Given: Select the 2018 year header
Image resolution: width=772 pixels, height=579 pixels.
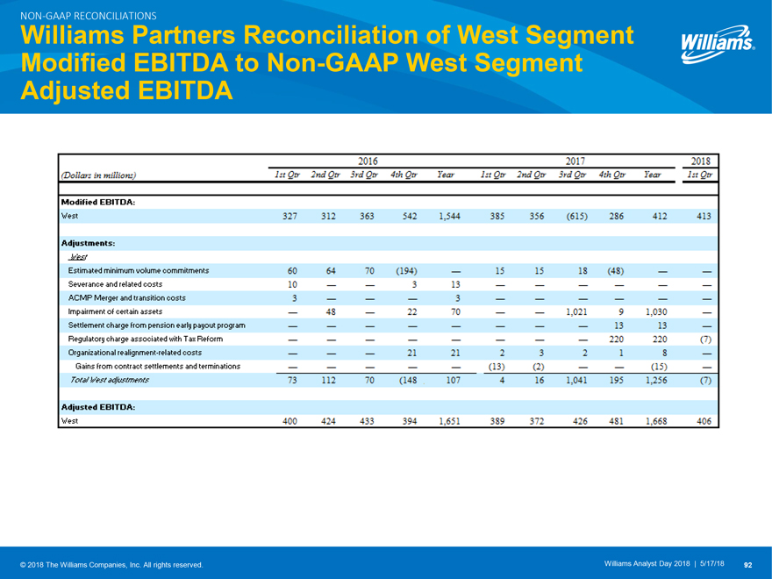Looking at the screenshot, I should (700, 161).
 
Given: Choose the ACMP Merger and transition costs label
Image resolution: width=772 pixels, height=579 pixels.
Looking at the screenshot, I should (126, 298).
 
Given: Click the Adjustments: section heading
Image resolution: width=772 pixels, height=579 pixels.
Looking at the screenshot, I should (89, 242).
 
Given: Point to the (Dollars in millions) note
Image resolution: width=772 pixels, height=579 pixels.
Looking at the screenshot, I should (98, 175).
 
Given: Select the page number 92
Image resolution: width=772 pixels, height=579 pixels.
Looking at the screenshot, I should (748, 563).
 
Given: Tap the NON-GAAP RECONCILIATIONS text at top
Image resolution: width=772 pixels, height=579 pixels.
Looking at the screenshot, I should (81, 16).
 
